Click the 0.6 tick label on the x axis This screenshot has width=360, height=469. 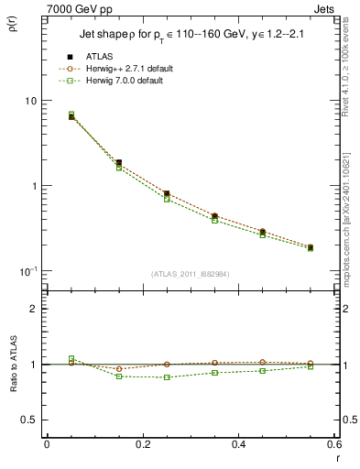pyautogui.click(x=333, y=446)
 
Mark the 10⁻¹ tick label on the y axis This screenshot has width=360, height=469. pyautogui.click(x=30, y=270)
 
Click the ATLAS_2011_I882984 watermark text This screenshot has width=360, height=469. pyautogui.click(x=191, y=274)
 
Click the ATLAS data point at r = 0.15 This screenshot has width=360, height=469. pyautogui.click(x=119, y=162)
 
